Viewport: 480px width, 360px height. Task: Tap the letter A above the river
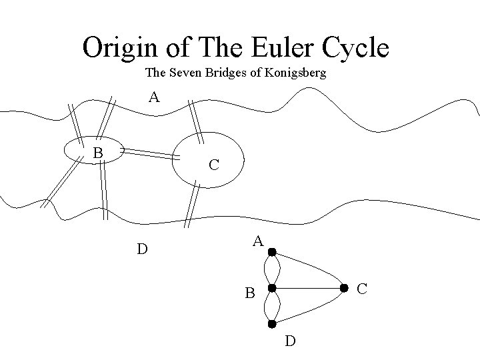tap(154, 98)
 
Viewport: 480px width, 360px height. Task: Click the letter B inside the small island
tap(97, 153)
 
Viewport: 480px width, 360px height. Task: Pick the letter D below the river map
tap(142, 249)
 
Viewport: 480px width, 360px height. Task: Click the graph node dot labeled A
tap(272, 253)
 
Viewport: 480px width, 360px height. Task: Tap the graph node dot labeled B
tap(272, 288)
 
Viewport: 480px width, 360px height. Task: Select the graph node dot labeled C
tap(345, 288)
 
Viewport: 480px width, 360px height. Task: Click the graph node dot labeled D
tap(272, 324)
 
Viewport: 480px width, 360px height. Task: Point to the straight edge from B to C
tap(308, 288)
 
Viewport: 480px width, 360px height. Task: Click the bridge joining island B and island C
tap(148, 154)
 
